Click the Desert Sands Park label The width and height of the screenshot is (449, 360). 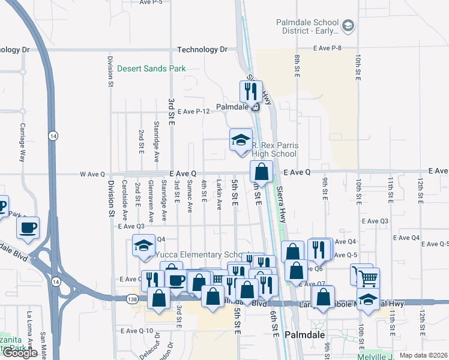click(151, 68)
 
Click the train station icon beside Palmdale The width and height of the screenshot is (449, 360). click(256, 107)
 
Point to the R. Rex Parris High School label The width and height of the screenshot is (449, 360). click(274, 149)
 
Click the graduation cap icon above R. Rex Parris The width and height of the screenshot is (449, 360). click(241, 140)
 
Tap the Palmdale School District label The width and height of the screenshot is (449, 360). click(312, 26)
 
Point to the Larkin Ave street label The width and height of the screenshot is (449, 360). click(220, 194)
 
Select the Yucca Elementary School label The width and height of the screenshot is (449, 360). click(202, 254)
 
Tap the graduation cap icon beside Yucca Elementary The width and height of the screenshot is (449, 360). click(144, 245)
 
